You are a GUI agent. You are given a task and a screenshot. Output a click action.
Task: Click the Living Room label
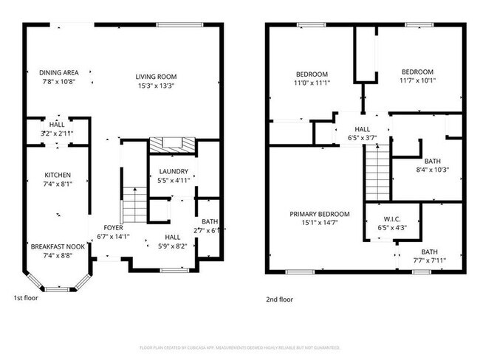click(x=156, y=76)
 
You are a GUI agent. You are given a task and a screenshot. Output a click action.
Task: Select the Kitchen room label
click(x=57, y=175)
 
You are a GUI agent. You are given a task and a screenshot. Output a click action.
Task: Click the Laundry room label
click(x=174, y=171)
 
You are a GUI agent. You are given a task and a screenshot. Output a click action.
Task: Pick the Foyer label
click(x=112, y=228)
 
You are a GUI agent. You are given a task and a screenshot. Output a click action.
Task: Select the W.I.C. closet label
click(x=391, y=219)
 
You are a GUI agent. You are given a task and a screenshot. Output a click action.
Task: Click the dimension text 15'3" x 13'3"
click(x=156, y=85)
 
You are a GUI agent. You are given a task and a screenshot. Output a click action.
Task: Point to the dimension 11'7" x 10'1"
click(x=417, y=80)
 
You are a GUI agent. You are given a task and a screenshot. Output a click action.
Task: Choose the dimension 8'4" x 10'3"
click(x=432, y=170)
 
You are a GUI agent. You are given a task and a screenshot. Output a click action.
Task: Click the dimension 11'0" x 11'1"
click(x=312, y=83)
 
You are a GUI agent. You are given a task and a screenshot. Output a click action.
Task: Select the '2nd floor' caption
click(x=279, y=300)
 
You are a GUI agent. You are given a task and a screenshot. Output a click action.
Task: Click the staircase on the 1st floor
click(x=133, y=205)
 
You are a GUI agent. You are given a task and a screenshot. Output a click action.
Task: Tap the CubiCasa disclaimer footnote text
click(x=239, y=347)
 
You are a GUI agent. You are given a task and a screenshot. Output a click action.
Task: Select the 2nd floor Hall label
click(x=362, y=129)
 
